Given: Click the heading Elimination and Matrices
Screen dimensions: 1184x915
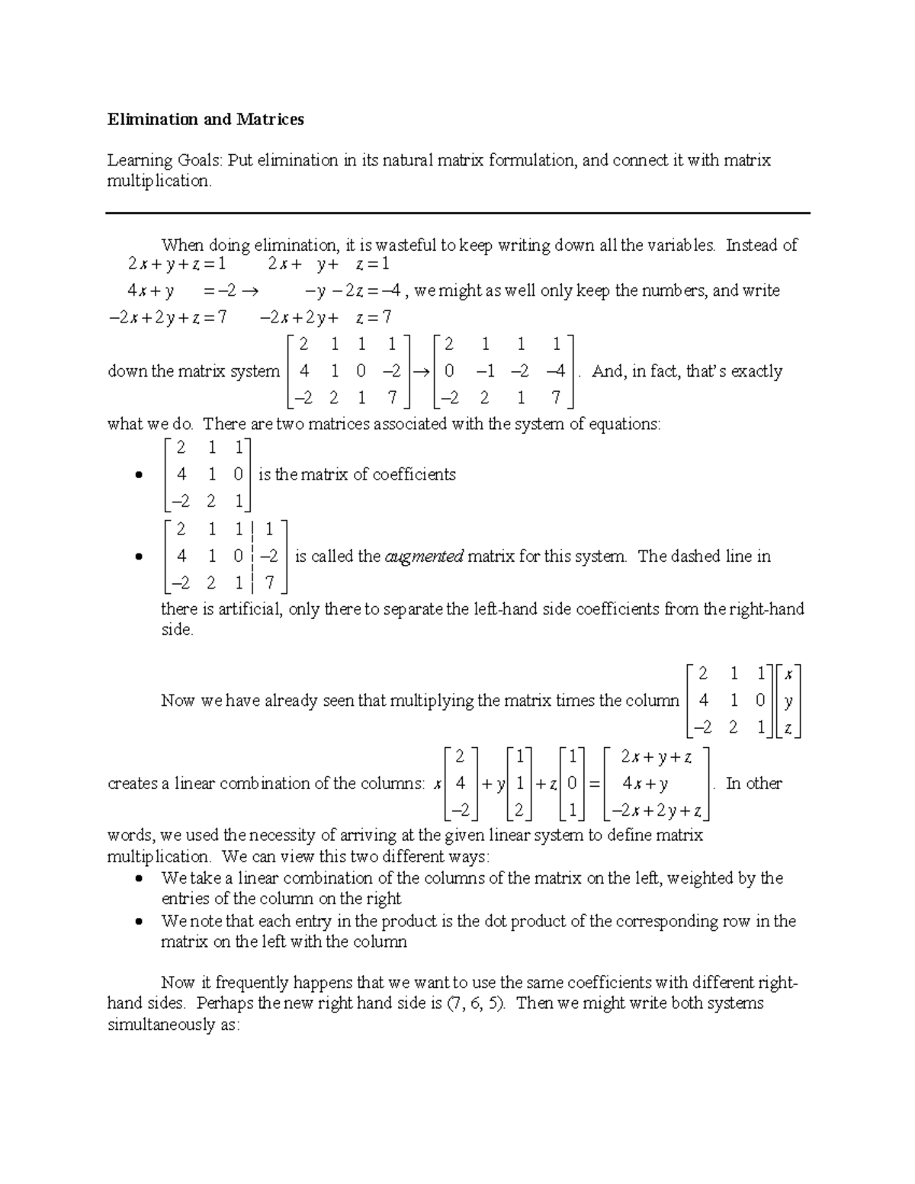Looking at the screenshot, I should click(205, 119).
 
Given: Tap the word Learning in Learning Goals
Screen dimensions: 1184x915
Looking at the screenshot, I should click(140, 160).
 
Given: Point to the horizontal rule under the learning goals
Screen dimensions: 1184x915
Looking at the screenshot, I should click(457, 213).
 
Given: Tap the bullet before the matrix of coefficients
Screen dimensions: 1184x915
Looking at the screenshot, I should click(138, 476).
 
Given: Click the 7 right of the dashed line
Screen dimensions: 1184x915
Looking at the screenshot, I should click(269, 584).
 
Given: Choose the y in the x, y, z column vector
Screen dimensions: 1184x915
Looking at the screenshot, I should click(788, 701).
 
